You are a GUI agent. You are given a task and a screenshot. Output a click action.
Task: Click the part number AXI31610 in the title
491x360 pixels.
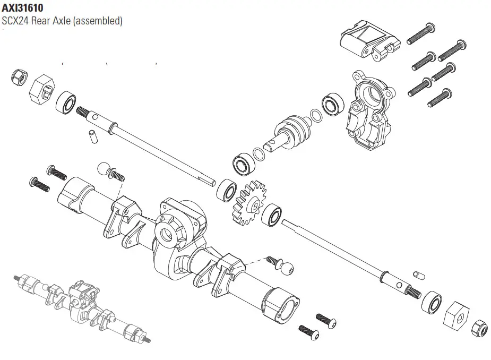coord(22,8)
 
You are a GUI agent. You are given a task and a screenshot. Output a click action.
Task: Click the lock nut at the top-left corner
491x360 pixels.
coord(19,76)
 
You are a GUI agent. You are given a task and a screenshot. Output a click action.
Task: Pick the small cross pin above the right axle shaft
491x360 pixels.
coord(417,275)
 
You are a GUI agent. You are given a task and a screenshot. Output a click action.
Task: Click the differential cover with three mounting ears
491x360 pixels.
coord(369,112)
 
